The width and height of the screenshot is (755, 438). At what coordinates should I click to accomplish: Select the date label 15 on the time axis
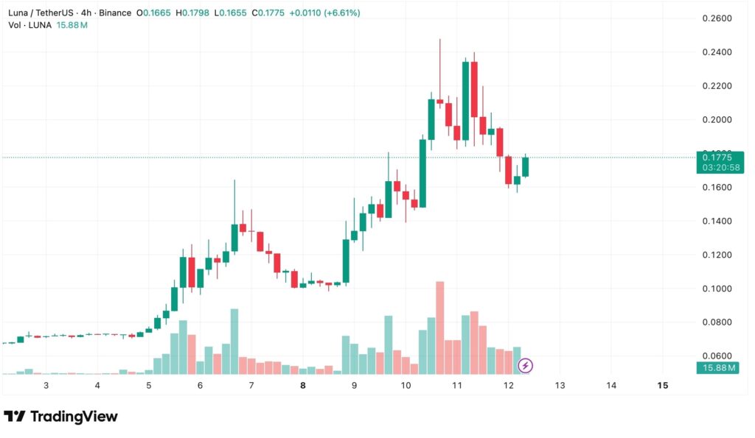pyautogui.click(x=662, y=385)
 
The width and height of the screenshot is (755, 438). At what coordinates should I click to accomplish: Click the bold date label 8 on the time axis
pyautogui.click(x=303, y=385)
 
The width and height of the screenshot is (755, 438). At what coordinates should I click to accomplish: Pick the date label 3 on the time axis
pyautogui.click(x=46, y=385)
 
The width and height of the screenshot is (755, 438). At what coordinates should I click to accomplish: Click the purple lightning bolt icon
pyautogui.click(x=526, y=365)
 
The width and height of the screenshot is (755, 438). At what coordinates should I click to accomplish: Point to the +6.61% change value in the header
pyautogui.click(x=340, y=13)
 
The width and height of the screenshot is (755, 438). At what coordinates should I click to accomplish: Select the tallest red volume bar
pyautogui.click(x=440, y=328)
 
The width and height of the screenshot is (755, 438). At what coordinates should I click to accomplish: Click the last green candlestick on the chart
pyautogui.click(x=525, y=166)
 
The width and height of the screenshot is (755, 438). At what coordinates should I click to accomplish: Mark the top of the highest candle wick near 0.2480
pyautogui.click(x=440, y=40)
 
